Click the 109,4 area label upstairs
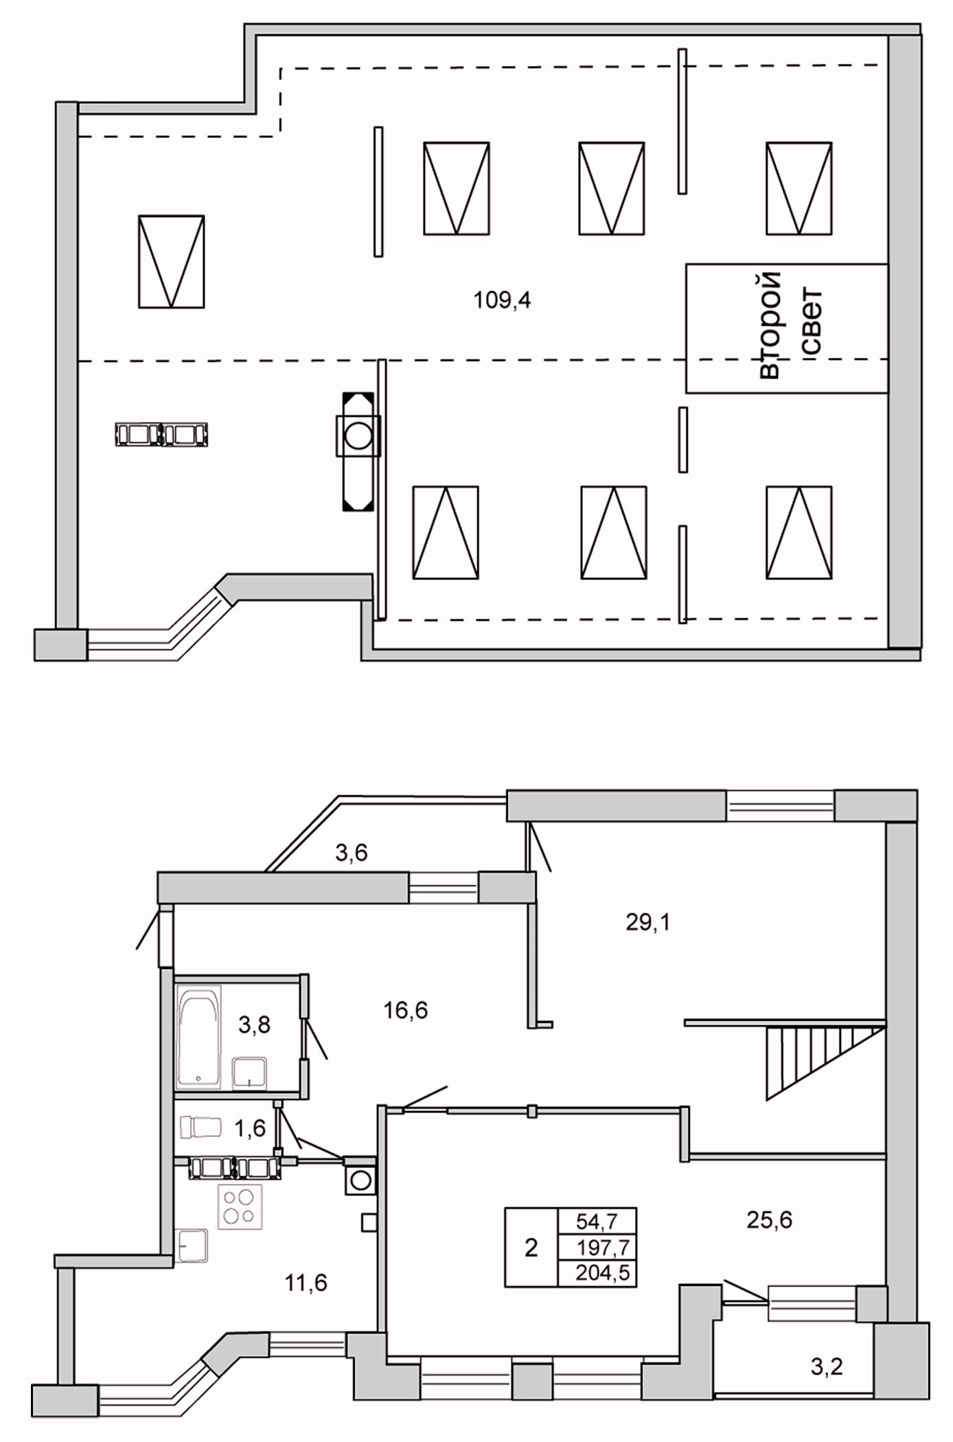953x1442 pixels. pos(502,300)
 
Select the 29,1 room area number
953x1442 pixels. pos(647,922)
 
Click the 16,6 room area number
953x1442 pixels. pos(405,1010)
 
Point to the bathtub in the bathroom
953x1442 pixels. pos(198,1037)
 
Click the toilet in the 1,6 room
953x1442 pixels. pos(200,1127)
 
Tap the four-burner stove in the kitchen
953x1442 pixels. pos(240,1206)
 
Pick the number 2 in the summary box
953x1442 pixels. pos(531,1248)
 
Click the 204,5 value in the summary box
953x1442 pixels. pos(602,1274)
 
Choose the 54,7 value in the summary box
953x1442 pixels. pos(597,1222)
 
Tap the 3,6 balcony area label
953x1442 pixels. pos(351,852)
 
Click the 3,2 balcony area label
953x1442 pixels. pos(826,1366)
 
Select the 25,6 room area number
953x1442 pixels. pos(769,1220)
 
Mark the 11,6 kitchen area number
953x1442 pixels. pos(306,1282)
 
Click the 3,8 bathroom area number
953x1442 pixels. pos(254,1025)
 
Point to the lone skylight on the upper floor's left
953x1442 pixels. pos(171,262)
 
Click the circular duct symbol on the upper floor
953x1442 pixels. pos(358,435)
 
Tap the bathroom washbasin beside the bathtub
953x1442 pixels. pos(249,1073)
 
